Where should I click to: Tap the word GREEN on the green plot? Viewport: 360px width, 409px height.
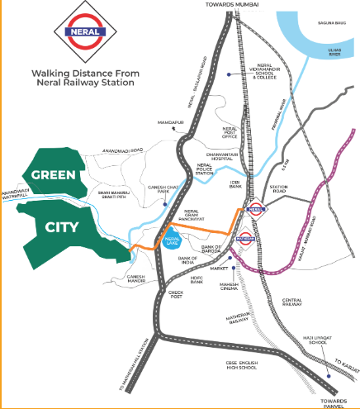[54, 175]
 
